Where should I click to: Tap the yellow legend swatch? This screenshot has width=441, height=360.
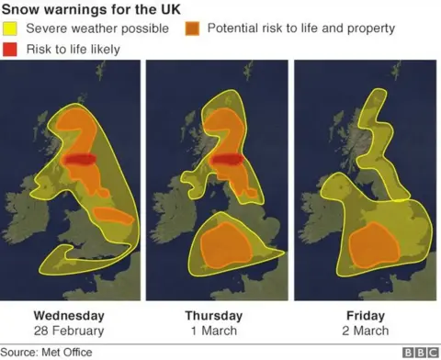(x=11, y=28)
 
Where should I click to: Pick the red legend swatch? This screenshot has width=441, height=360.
(x=11, y=47)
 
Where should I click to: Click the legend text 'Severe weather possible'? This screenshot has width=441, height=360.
(x=97, y=28)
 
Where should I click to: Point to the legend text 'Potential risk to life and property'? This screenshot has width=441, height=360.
(x=301, y=28)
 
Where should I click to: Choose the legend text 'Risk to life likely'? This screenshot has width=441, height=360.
(x=73, y=47)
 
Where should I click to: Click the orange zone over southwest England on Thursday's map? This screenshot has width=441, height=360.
(x=224, y=243)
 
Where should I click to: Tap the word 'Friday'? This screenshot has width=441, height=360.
(x=366, y=314)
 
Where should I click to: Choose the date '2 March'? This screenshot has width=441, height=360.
(x=366, y=330)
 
